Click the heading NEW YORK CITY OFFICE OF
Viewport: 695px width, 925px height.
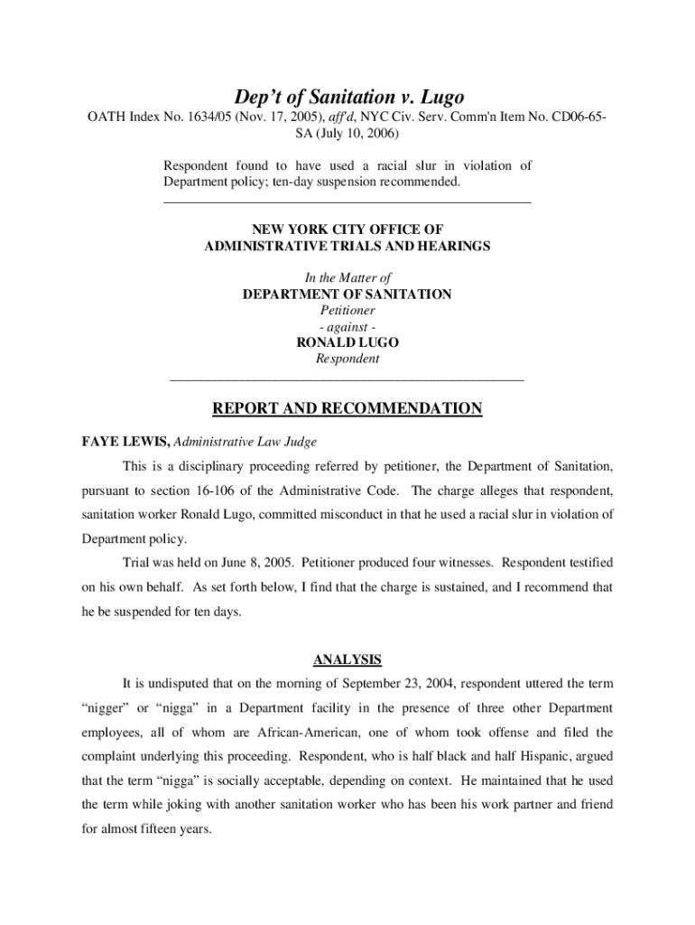[347, 229]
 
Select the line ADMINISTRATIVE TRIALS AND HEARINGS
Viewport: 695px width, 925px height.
[347, 246]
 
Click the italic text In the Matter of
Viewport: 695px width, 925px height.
[347, 278]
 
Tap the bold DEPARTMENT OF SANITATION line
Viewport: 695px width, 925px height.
[347, 294]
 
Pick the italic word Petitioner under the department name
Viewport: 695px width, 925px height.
[347, 311]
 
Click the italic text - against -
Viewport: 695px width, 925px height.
[347, 327]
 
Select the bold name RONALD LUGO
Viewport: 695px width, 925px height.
[347, 343]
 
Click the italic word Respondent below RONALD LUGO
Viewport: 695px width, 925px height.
[347, 359]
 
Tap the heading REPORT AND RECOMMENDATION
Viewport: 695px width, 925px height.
[347, 409]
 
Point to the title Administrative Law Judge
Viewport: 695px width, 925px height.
[245, 442]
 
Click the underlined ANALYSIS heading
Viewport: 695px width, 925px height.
[347, 659]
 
